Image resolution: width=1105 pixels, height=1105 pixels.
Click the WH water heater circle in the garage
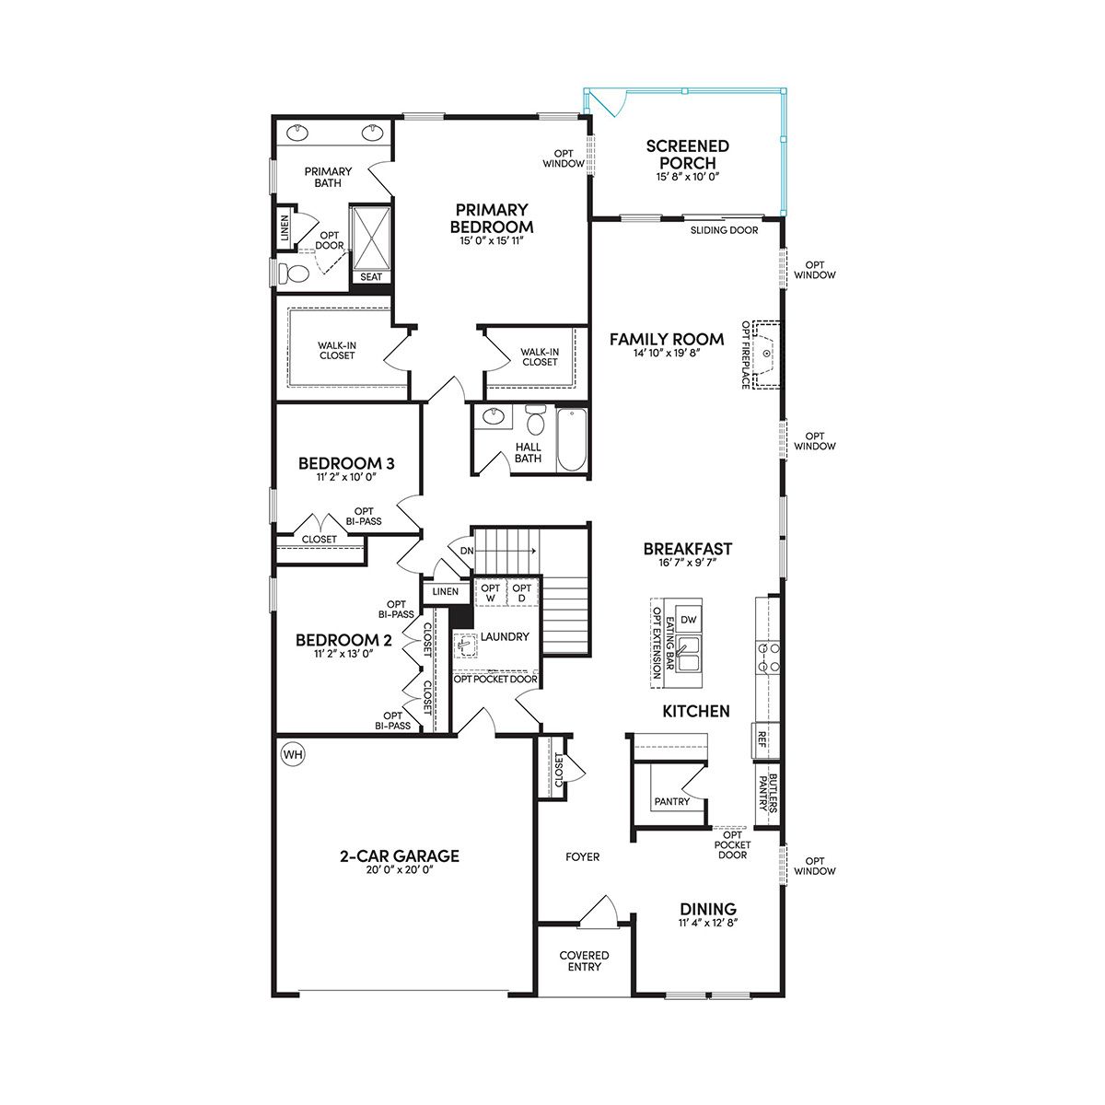coord(293,755)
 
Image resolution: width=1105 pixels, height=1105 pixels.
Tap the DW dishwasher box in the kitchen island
coord(688,620)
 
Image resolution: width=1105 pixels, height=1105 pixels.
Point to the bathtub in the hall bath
coord(572,440)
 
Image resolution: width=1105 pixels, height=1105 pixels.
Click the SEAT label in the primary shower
coord(371,277)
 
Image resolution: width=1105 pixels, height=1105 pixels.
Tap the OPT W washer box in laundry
coord(490,593)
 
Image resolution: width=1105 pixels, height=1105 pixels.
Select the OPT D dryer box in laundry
coord(521,593)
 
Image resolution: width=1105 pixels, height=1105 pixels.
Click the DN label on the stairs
coord(467,551)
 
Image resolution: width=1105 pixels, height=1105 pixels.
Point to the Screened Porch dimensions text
coord(688,177)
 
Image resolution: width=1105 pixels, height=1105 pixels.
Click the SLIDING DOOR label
coord(725,230)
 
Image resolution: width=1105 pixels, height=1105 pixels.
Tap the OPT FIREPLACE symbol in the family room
coord(766,355)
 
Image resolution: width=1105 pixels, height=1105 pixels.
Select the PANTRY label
coord(672,801)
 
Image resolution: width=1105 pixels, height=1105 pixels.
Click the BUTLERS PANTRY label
coord(768,793)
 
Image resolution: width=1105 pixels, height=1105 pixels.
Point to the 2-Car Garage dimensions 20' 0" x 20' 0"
coord(400,869)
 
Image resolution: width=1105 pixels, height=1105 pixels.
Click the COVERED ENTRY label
coord(585,961)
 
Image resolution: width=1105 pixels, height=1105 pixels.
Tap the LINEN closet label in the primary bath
coord(285,227)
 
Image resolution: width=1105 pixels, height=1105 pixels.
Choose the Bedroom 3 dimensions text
coord(346,476)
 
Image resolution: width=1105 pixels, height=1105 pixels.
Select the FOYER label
coord(583,856)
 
